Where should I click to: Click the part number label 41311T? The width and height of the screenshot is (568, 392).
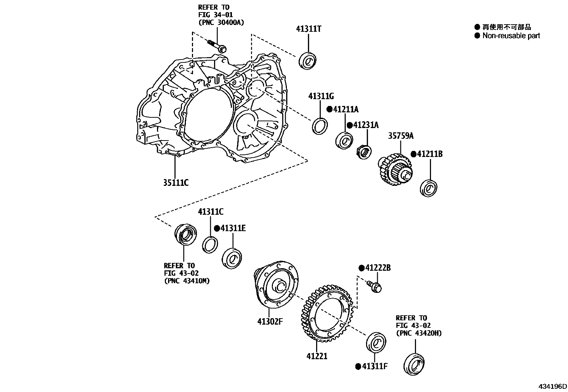[308, 29]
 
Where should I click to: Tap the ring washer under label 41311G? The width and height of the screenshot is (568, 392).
[320, 126]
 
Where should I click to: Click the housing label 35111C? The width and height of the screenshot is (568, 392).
[176, 183]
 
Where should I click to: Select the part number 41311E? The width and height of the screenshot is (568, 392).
[233, 228]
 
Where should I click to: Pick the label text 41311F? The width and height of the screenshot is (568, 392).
[375, 366]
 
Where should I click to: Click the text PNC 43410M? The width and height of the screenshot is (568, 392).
[187, 281]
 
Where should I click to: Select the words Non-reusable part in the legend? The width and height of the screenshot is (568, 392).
[511, 36]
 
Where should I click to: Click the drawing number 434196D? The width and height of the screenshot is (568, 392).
[553, 387]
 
